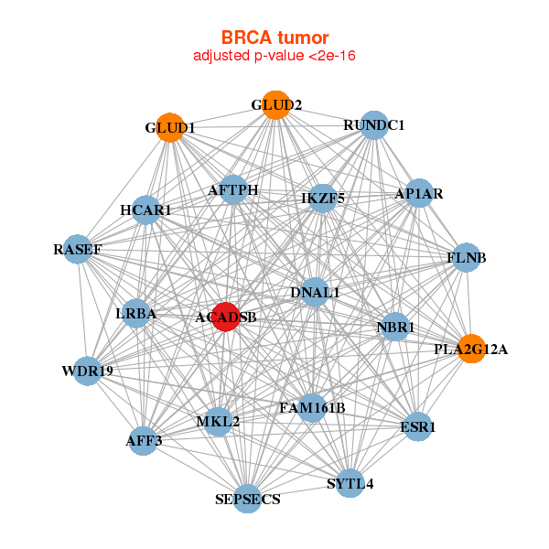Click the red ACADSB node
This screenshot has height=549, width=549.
click(225, 317)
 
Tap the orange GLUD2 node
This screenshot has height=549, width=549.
click(275, 105)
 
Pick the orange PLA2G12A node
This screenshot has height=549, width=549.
click(471, 348)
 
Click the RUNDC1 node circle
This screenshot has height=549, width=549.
click(373, 124)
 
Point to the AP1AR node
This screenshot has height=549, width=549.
click(418, 193)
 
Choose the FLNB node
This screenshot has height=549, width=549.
click(466, 257)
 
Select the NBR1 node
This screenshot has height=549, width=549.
click(395, 327)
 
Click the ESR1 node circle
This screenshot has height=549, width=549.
click(417, 426)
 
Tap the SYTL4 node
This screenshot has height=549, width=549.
click(350, 482)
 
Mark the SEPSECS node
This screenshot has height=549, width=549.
click(247, 499)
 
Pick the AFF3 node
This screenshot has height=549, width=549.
click(145, 441)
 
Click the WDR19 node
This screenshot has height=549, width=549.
click(87, 371)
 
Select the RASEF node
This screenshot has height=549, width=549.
click(78, 249)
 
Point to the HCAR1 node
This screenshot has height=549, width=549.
click(146, 210)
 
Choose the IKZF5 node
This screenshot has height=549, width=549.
click(322, 198)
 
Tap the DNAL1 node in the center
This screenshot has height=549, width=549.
click(315, 293)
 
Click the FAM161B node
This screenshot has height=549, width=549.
click(311, 407)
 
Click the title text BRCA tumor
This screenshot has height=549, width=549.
click(274, 38)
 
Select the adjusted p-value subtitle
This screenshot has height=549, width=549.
click(274, 56)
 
